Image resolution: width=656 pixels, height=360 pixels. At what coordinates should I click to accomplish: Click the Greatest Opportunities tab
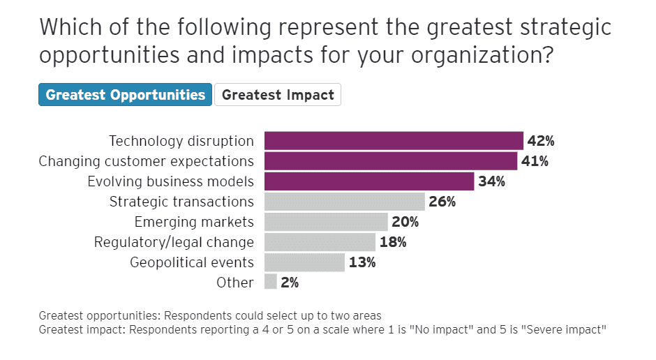point(126,95)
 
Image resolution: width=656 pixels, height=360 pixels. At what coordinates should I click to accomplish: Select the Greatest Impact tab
point(278,95)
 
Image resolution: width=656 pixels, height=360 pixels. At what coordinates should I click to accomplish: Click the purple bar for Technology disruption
point(394,141)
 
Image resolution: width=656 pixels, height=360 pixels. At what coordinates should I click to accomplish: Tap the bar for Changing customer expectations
point(391,161)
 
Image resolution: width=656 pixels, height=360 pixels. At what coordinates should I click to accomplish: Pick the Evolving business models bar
point(369,181)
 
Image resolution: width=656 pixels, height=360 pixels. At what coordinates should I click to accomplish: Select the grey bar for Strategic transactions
point(345,202)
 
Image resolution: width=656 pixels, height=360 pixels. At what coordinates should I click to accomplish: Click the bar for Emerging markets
point(326,222)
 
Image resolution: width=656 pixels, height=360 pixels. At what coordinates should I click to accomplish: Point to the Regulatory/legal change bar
point(320,242)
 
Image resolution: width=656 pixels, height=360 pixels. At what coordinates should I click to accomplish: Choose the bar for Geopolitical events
point(304,262)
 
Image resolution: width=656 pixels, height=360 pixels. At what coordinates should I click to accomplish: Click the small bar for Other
point(270,283)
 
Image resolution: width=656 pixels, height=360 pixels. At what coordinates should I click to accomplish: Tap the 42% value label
point(541,141)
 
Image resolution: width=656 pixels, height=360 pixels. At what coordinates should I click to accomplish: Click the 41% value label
point(535,161)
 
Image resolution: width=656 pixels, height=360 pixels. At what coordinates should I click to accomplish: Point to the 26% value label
point(442,202)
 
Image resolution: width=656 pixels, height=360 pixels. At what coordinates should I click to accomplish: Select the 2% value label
point(290,283)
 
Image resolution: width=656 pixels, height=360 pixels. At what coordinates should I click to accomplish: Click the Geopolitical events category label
point(192,262)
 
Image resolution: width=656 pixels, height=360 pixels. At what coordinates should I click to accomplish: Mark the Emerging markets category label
point(194,222)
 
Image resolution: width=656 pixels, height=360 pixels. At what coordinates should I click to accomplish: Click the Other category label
point(235,283)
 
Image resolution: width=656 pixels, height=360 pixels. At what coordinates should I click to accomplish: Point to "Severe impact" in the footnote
point(565,329)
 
